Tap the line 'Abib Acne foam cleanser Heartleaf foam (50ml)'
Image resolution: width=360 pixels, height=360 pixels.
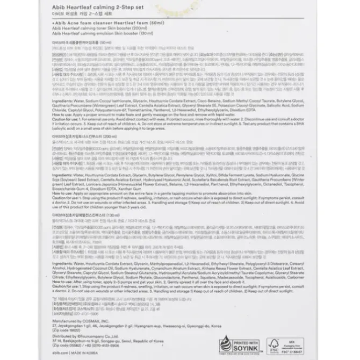[105, 25]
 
